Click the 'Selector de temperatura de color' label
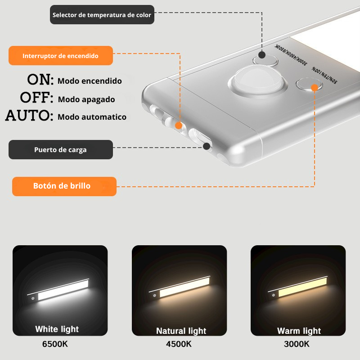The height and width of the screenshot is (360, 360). [x=102, y=15]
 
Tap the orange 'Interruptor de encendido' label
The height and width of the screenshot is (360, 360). [x=60, y=56]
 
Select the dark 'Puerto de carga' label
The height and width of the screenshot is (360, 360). [x=60, y=150]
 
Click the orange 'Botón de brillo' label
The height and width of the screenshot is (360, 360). [x=64, y=186]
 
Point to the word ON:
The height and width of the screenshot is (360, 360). [x=40, y=80]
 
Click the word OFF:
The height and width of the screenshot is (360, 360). [x=36, y=98]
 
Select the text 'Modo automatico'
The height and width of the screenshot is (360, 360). [x=92, y=117]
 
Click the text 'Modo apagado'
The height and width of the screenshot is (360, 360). [x=86, y=99]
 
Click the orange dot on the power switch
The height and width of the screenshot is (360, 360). [x=179, y=126]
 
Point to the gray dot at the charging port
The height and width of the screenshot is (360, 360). [x=207, y=146]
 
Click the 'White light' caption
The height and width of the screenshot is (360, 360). [x=57, y=329]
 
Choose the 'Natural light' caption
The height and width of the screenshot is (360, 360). [x=181, y=331]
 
